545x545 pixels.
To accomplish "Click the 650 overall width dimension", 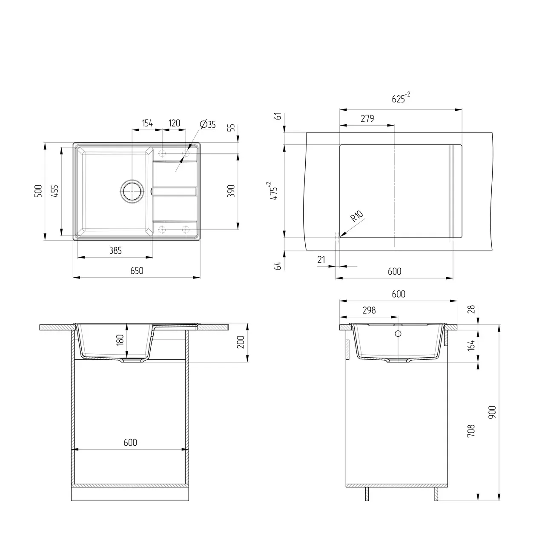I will click(137, 271).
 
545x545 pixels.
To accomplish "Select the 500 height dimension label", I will click(38, 191).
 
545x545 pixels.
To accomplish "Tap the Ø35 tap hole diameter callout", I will click(208, 124).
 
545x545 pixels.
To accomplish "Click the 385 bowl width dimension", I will click(115, 251).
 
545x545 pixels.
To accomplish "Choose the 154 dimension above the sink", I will click(147, 123).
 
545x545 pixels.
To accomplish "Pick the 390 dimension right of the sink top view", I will click(231, 191).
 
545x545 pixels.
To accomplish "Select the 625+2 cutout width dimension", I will click(400, 99).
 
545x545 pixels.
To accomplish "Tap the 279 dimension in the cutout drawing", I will click(367, 119).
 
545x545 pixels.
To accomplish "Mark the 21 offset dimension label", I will click(321, 260).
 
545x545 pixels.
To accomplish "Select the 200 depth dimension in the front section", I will click(241, 342).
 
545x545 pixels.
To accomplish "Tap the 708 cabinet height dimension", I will click(471, 431).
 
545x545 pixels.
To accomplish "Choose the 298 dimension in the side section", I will click(369, 310).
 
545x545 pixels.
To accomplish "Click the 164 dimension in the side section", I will click(471, 344).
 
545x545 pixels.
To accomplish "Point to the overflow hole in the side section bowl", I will click(399, 333).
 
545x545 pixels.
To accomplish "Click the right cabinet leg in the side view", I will click(436, 494).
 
